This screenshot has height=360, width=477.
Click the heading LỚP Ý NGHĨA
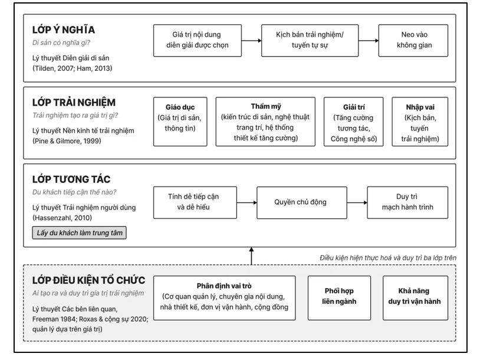click(64, 30)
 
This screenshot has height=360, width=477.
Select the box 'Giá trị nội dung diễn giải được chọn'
click(198, 41)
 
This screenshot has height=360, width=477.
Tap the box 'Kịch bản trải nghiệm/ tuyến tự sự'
click(310, 41)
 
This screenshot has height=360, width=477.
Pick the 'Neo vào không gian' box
click(413, 41)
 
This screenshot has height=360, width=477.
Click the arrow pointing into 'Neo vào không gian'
click(369, 41)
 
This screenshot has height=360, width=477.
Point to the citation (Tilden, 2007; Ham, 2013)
click(72, 68)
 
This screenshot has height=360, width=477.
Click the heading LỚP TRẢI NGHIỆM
click(74, 103)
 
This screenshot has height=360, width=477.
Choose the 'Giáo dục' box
click(180, 122)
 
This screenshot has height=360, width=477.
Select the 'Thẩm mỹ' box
click(265, 122)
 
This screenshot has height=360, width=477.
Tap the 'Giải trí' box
click(354, 122)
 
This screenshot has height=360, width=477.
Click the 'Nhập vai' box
click(420, 122)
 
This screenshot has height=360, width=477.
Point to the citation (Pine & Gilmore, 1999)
click(67, 141)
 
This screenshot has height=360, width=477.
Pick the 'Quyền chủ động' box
click(302, 202)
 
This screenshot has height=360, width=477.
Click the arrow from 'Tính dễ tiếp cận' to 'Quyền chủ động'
click(246, 202)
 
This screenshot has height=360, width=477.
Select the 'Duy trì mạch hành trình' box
click(407, 202)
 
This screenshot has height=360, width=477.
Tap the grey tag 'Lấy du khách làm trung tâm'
click(80, 233)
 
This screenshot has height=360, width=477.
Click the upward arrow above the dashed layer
click(251, 256)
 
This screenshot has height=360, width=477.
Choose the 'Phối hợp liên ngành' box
click(339, 298)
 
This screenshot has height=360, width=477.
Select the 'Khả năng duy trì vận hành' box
click(415, 298)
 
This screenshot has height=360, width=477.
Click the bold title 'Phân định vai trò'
click(224, 286)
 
